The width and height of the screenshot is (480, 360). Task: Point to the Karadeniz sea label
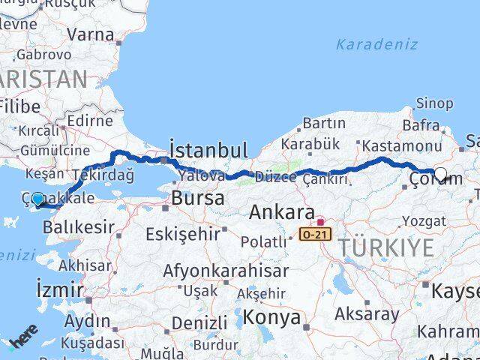tap(376, 43)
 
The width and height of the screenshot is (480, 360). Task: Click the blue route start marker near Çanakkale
tap(38, 199)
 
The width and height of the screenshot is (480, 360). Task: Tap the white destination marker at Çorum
tap(440, 175)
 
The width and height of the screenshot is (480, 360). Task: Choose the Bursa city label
tap(198, 198)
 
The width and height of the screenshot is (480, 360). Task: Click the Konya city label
tap(274, 317)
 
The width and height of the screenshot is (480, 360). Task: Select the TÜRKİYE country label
tap(385, 247)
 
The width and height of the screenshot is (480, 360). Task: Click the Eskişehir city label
tap(184, 234)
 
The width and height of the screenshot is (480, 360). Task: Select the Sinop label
tap(434, 103)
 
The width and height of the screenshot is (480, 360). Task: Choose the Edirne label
tap(89, 121)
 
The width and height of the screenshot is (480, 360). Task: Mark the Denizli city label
tap(199, 323)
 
